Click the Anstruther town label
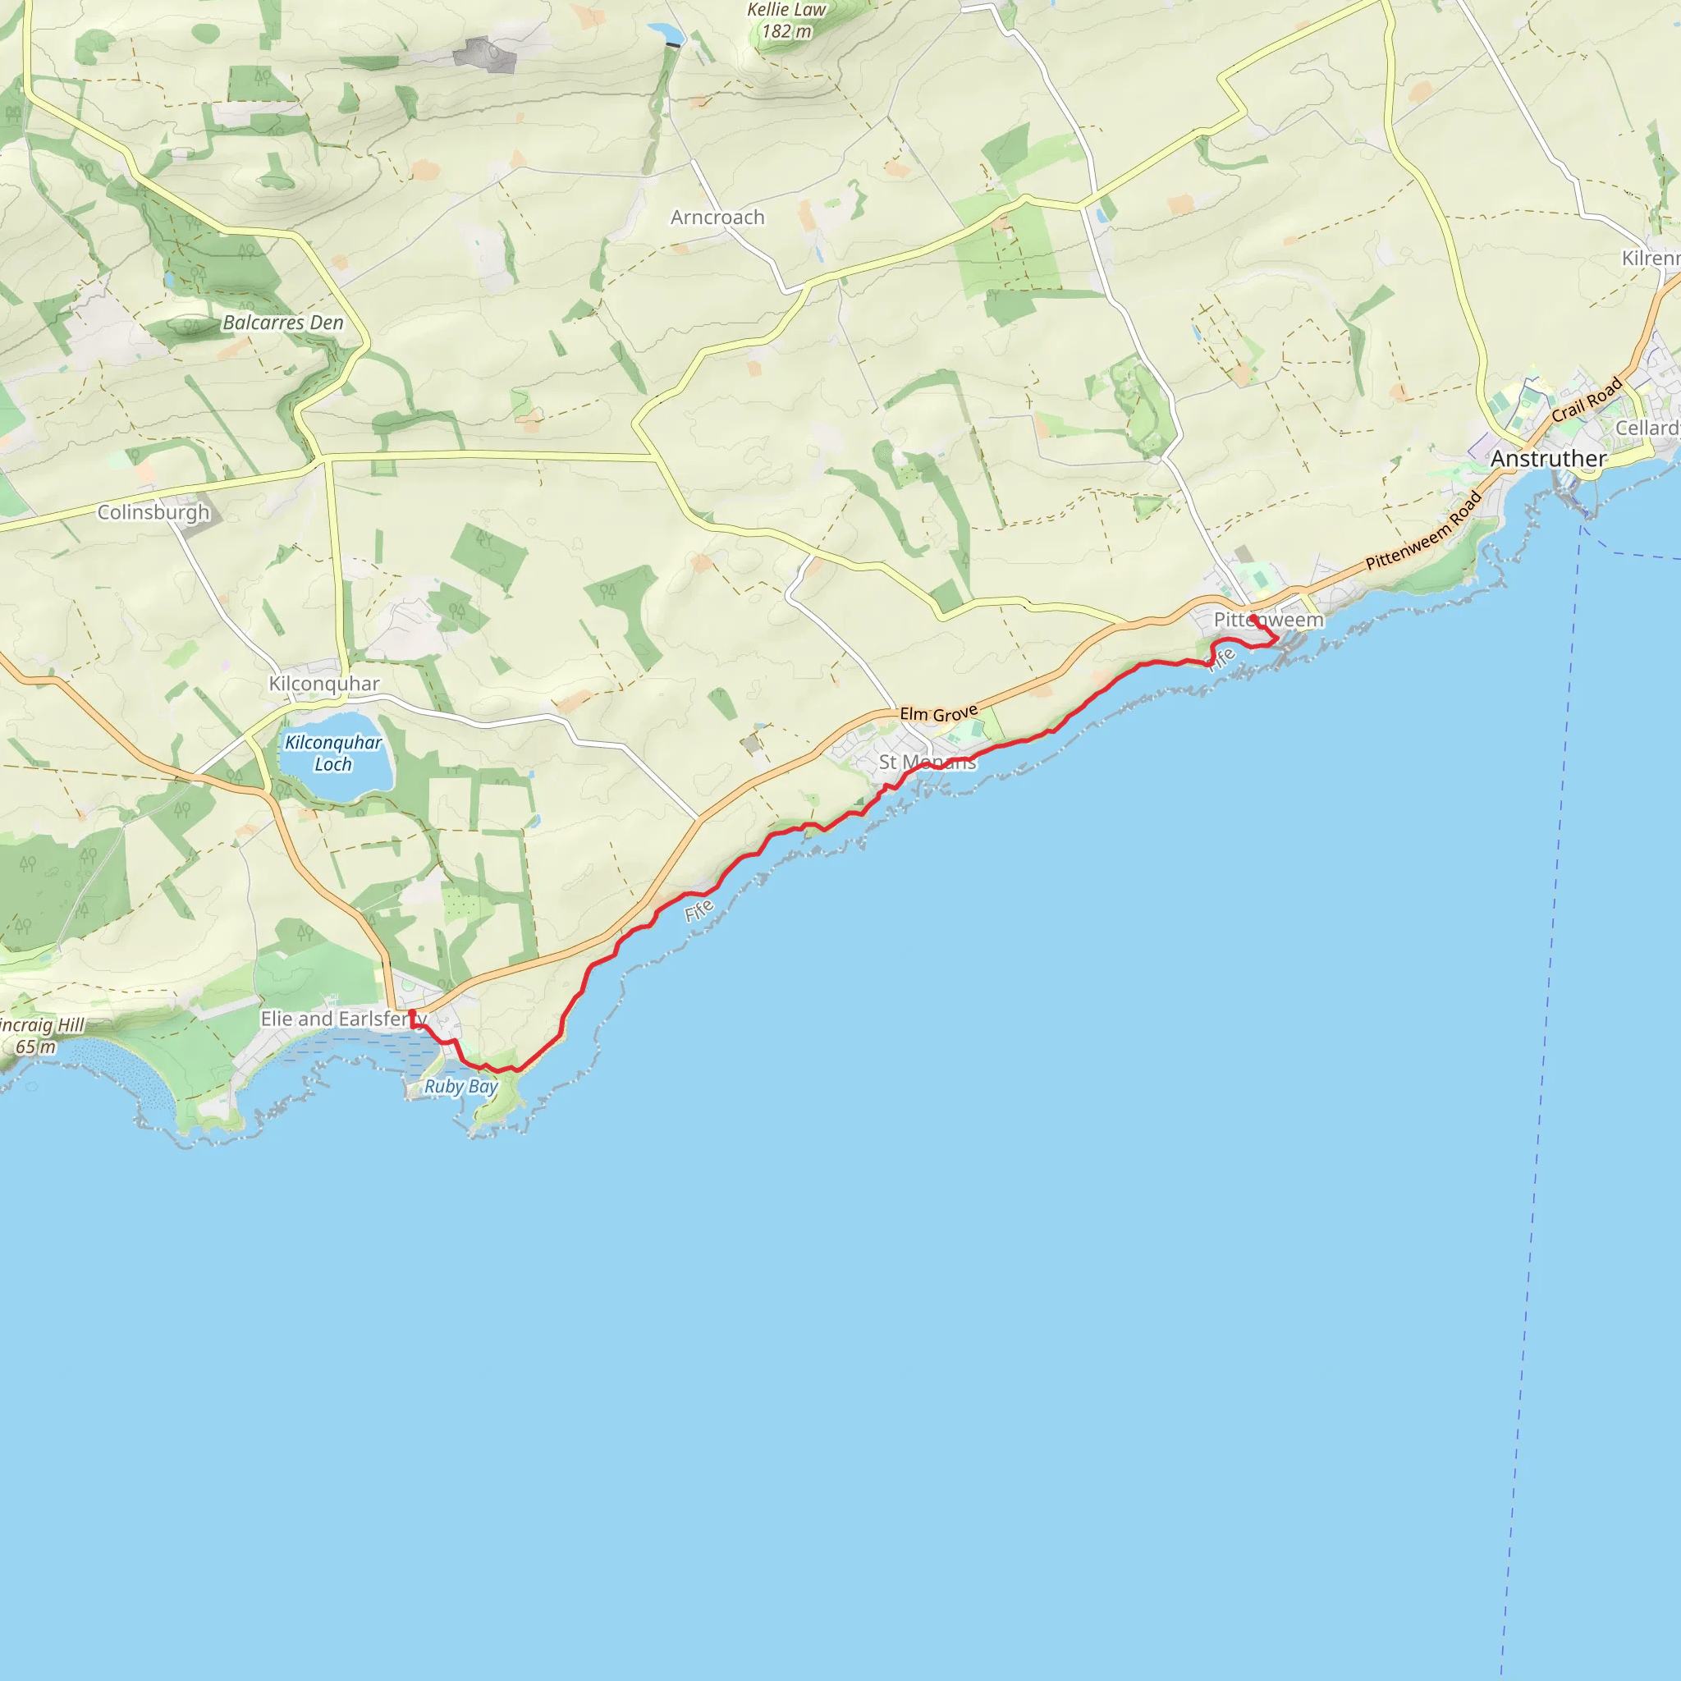[x=1548, y=459]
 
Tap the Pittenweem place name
[x=1269, y=620]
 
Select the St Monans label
[x=927, y=763]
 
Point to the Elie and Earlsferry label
[x=344, y=1018]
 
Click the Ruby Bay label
[x=460, y=1086]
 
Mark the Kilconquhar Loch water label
[x=333, y=753]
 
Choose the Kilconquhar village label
[x=323, y=684]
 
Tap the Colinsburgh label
[x=153, y=511]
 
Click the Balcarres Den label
[x=283, y=323]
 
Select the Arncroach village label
[x=717, y=218]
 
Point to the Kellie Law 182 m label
[x=786, y=21]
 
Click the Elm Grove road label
[x=939, y=713]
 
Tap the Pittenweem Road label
[x=1423, y=532]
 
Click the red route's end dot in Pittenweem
[x=1253, y=619]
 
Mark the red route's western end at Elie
[x=411, y=1012]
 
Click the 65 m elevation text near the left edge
[x=34, y=1047]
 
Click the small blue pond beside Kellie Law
[x=666, y=33]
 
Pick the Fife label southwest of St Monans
[x=699, y=910]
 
